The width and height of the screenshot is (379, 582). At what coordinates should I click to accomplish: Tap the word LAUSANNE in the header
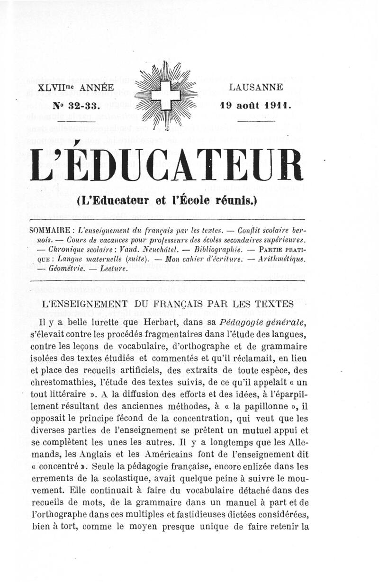click(x=256, y=87)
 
